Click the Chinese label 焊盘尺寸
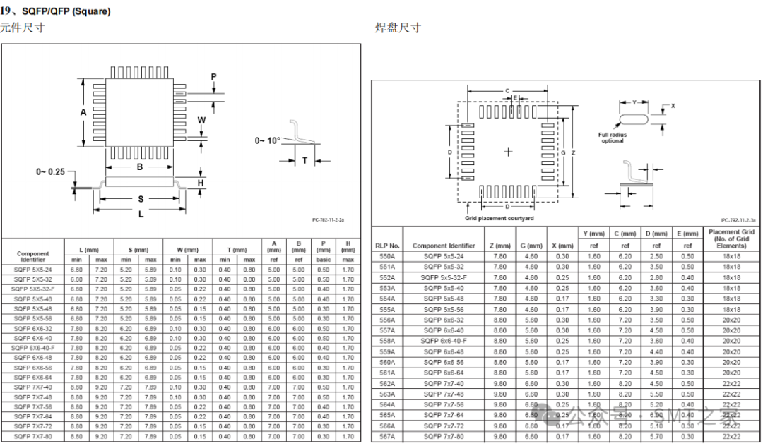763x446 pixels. tap(398, 28)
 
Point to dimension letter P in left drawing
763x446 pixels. tap(213, 76)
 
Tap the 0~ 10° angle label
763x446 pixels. tap(268, 140)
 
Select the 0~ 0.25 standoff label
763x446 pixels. tap(50, 171)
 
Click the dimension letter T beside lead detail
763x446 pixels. tap(305, 161)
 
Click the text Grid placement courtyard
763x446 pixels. tap(499, 218)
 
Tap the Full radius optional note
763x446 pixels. tap(613, 138)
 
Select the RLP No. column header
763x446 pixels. tap(387, 246)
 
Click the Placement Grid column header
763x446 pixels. tap(731, 239)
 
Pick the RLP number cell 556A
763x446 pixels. tap(387, 320)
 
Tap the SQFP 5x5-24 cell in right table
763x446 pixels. tap(443, 256)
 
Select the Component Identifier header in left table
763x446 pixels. tap(33, 255)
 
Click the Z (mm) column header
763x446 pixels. tap(499, 246)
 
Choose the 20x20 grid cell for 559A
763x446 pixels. tap(731, 351)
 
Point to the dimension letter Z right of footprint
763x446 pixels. tap(574, 152)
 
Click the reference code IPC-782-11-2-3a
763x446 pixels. tap(738, 220)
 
